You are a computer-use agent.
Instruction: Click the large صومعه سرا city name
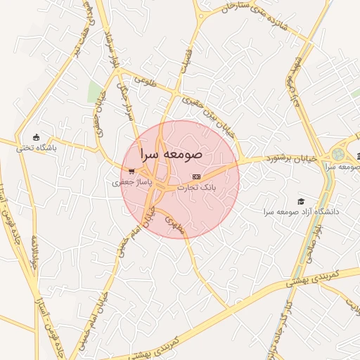[x=172, y=153]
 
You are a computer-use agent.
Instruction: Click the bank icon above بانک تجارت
[x=196, y=176]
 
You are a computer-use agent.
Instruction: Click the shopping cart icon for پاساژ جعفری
[x=131, y=171]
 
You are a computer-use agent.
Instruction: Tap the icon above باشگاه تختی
[x=37, y=137]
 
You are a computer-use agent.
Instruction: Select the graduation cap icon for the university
[x=301, y=201]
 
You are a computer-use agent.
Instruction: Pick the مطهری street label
[x=172, y=224]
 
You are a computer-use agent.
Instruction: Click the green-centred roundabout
[x=339, y=154]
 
